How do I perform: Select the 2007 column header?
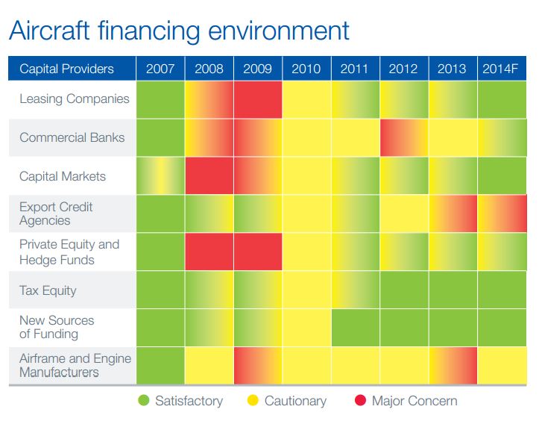160,69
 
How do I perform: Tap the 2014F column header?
502,69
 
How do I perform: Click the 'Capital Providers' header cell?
66,69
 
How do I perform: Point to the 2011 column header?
354,69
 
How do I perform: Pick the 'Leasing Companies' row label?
74,99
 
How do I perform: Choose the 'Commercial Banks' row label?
72,137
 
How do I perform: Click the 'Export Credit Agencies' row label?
55,213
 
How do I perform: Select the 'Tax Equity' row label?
48,290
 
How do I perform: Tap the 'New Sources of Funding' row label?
57,328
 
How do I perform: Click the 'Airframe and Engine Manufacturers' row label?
75,365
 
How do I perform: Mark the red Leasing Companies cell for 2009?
257,99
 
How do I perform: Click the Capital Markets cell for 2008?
209,176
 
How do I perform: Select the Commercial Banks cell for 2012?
403,137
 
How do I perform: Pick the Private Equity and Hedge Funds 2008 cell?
209,252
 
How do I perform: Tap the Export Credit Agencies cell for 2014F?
502,213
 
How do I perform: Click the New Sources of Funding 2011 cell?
354,328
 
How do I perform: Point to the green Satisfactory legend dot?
144,401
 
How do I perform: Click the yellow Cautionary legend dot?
253,401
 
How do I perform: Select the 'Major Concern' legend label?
414,401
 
